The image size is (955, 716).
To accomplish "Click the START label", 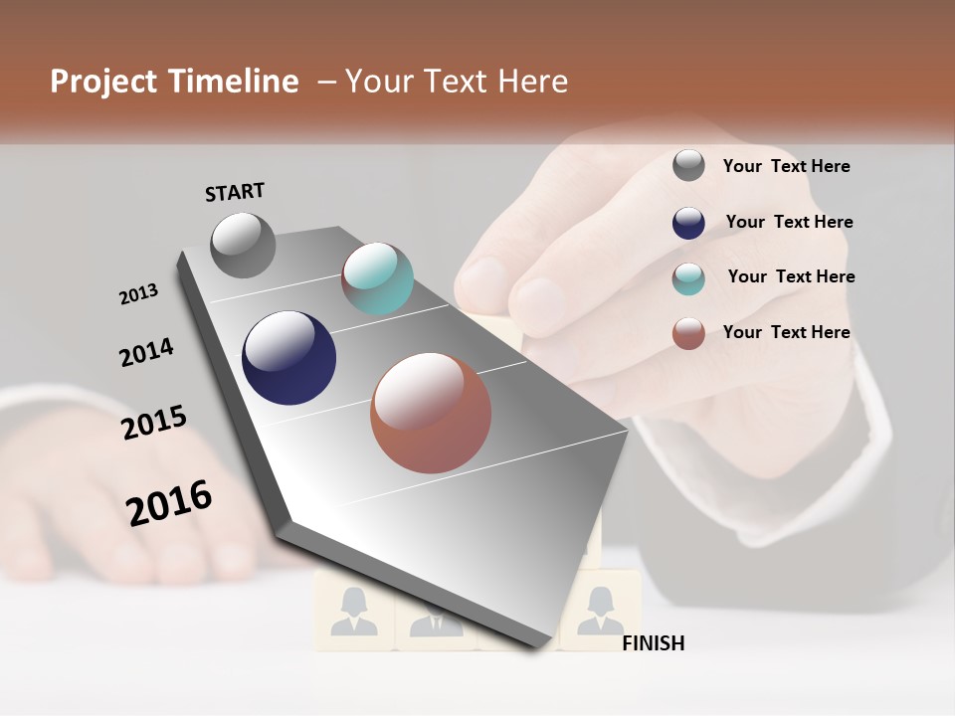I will pyautogui.click(x=235, y=192).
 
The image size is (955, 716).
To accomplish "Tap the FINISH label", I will pyautogui.click(x=653, y=643).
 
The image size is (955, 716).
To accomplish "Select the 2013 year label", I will pyautogui.click(x=138, y=294).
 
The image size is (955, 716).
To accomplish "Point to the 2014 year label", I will pyautogui.click(x=146, y=352).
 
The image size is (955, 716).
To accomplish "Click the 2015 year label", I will pyautogui.click(x=154, y=423).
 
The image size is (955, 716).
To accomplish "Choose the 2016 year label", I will pyautogui.click(x=169, y=503).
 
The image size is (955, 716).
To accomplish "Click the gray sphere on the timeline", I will pyautogui.click(x=244, y=246).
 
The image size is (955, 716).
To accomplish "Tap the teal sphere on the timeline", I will pyautogui.click(x=377, y=278).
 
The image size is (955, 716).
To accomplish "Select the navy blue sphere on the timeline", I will pyautogui.click(x=288, y=358).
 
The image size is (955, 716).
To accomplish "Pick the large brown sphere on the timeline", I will pyautogui.click(x=431, y=413).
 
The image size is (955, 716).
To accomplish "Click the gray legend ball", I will pyautogui.click(x=688, y=166).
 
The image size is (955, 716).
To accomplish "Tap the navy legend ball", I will pyautogui.click(x=688, y=223).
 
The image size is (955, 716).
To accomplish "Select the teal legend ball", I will pyautogui.click(x=688, y=278).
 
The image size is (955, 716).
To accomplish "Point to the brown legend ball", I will pyautogui.click(x=688, y=333).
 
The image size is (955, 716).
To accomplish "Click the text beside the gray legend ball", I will pyautogui.click(x=786, y=166).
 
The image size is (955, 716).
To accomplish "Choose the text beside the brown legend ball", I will pyautogui.click(x=786, y=332).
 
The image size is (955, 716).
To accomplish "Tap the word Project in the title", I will pyautogui.click(x=104, y=82).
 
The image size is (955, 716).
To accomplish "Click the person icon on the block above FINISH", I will pyautogui.click(x=600, y=610).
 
